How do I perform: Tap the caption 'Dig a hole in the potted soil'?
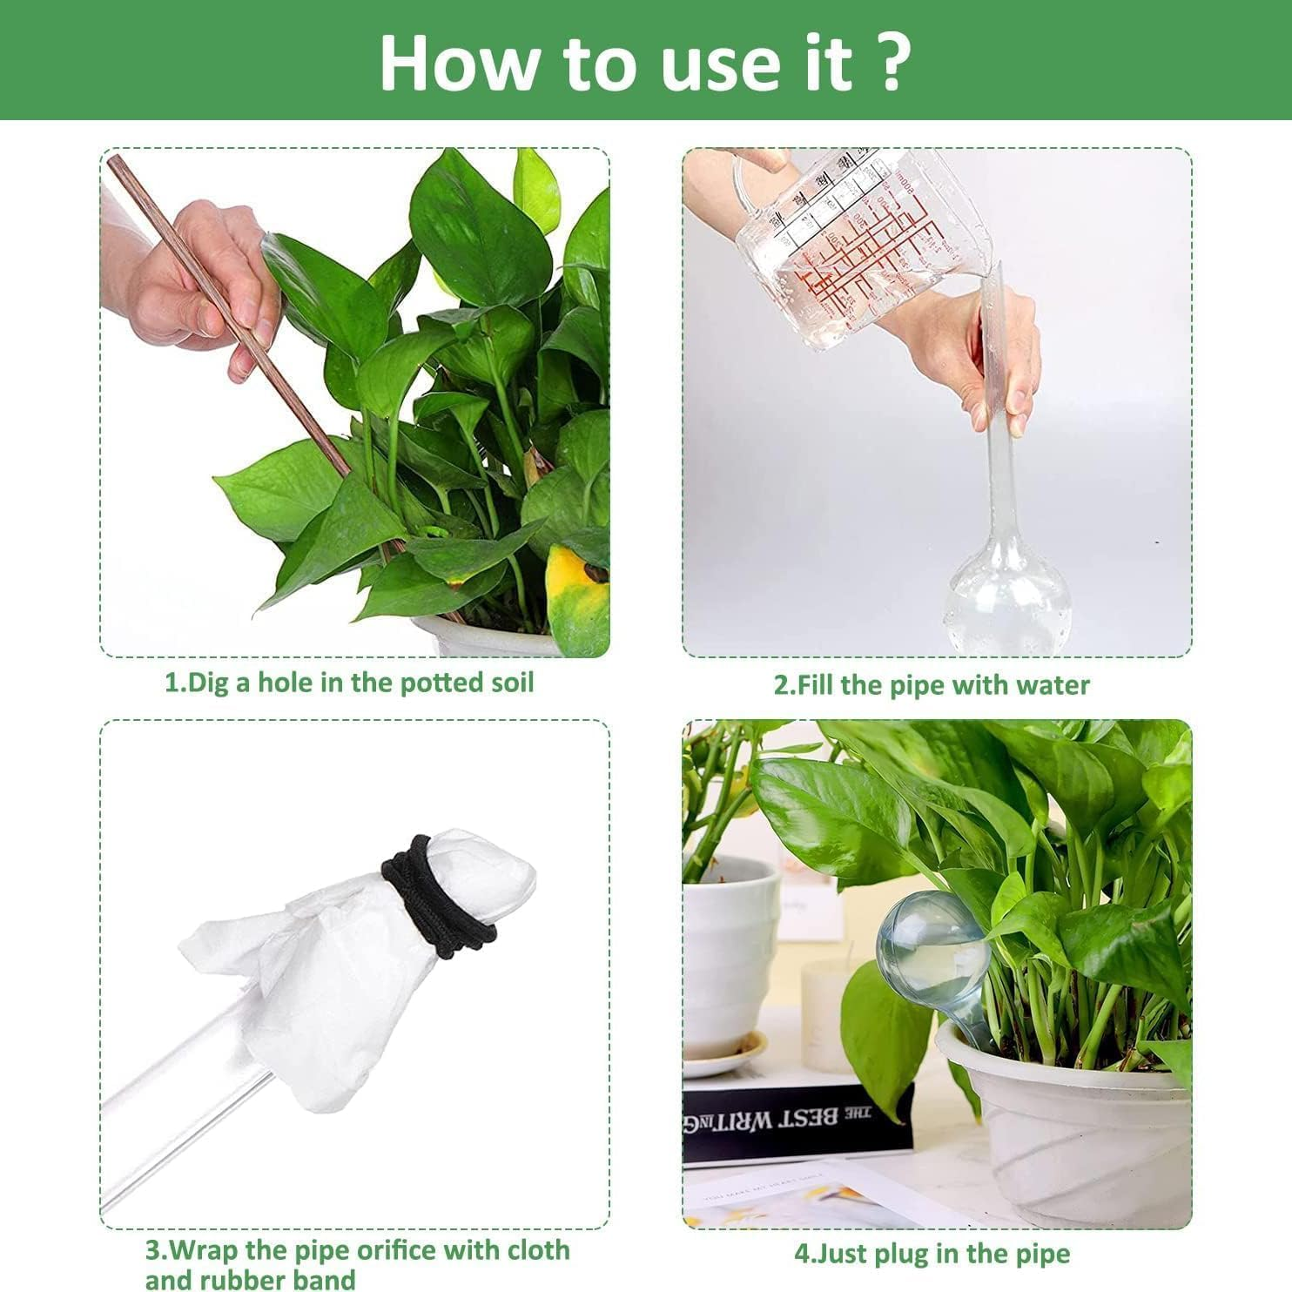point(349,682)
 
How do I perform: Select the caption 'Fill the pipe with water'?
point(932,685)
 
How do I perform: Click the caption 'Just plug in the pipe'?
point(932,1254)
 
